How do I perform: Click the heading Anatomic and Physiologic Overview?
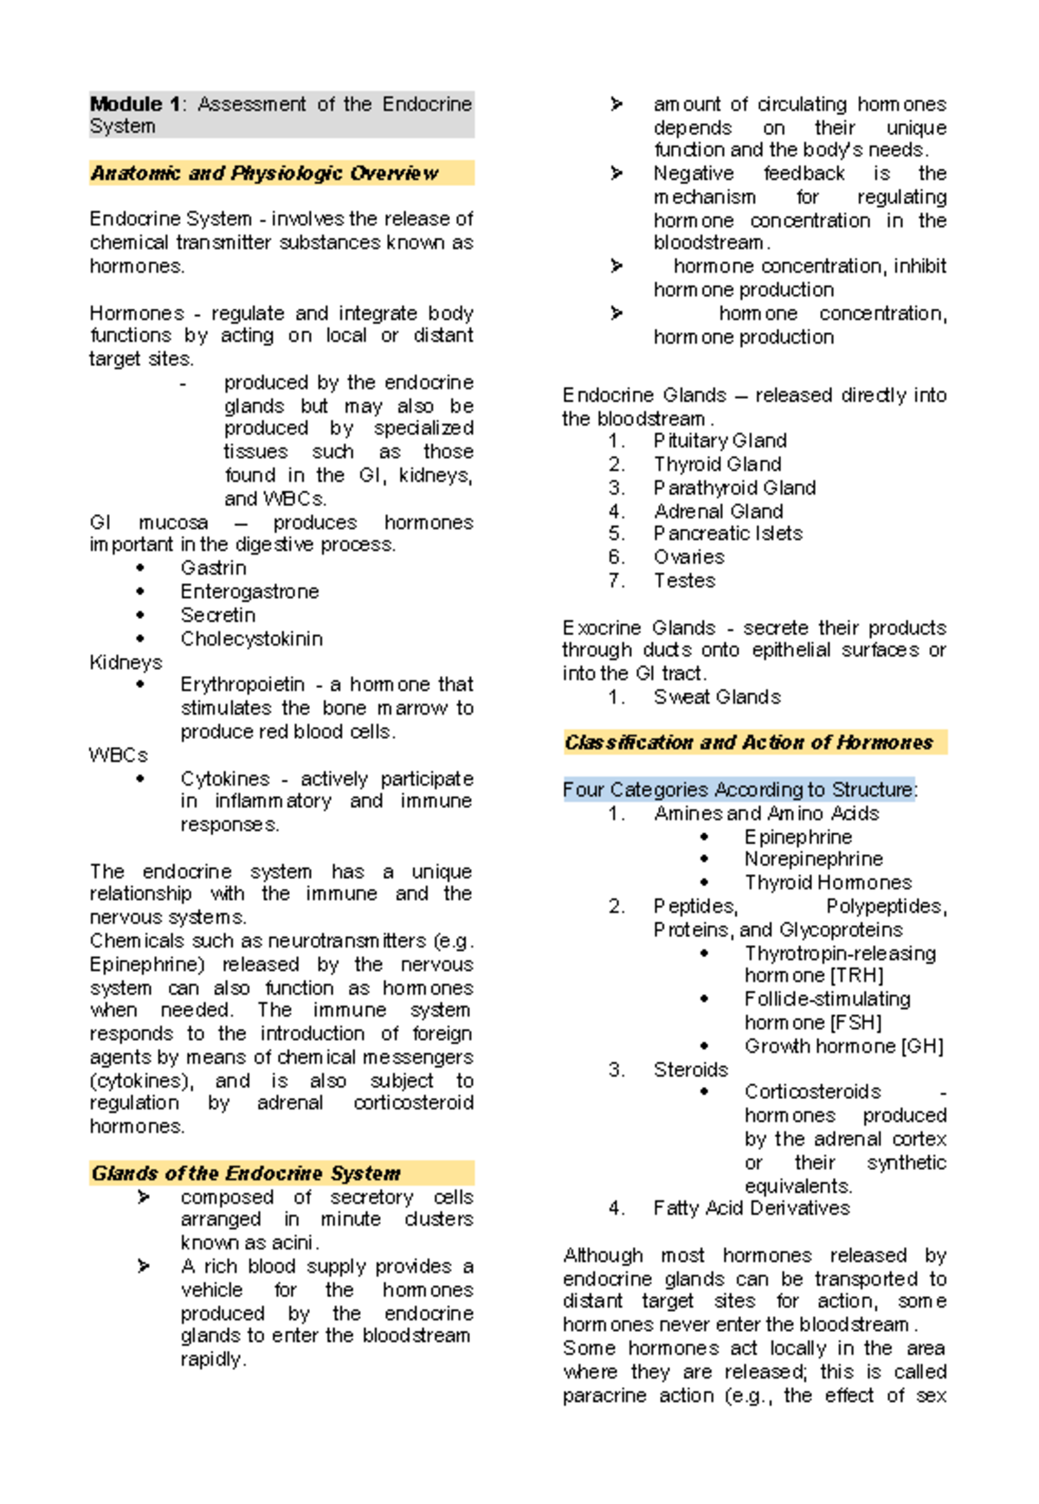[x=264, y=173]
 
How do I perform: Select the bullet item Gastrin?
[x=213, y=568]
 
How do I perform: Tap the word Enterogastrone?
[x=249, y=591]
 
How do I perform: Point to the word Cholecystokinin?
[x=251, y=639]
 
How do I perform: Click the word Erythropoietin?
[x=242, y=685]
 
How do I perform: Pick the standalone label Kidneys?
[x=126, y=662]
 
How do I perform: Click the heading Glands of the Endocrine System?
[x=246, y=1173]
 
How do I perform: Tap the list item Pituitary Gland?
[x=720, y=440]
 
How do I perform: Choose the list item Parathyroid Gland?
[x=734, y=488]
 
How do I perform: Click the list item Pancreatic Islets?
[x=727, y=533]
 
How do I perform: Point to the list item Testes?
[x=684, y=581]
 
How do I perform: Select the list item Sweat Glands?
[x=717, y=697]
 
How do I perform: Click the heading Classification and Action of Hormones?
[x=749, y=742]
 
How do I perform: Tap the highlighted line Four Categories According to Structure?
[x=739, y=789]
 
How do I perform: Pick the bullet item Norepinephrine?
[x=813, y=859]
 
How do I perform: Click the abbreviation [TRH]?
[x=856, y=976]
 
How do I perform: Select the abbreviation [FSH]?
[x=855, y=1023]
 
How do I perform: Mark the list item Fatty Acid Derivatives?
[x=752, y=1208]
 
